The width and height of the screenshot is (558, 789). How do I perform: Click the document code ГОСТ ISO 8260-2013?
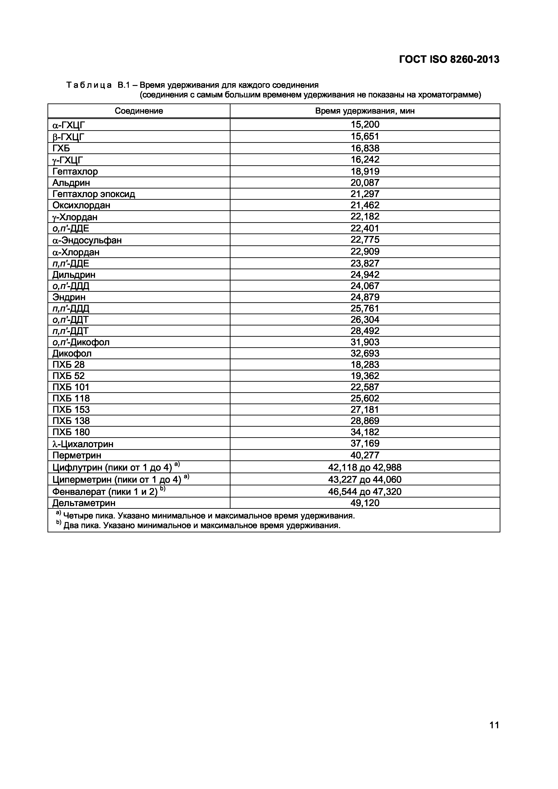point(449,60)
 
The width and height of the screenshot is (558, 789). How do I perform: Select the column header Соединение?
point(139,111)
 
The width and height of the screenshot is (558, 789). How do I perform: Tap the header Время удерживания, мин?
point(365,111)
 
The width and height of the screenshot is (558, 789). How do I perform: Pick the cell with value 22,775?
point(365,240)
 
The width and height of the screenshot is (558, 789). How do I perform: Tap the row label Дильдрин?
point(74,275)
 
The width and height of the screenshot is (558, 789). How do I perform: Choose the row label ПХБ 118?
point(71,399)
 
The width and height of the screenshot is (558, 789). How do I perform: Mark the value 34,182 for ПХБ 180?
point(365,432)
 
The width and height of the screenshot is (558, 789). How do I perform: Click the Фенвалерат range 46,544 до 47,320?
point(365,492)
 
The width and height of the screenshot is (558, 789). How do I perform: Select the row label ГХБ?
point(61,148)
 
